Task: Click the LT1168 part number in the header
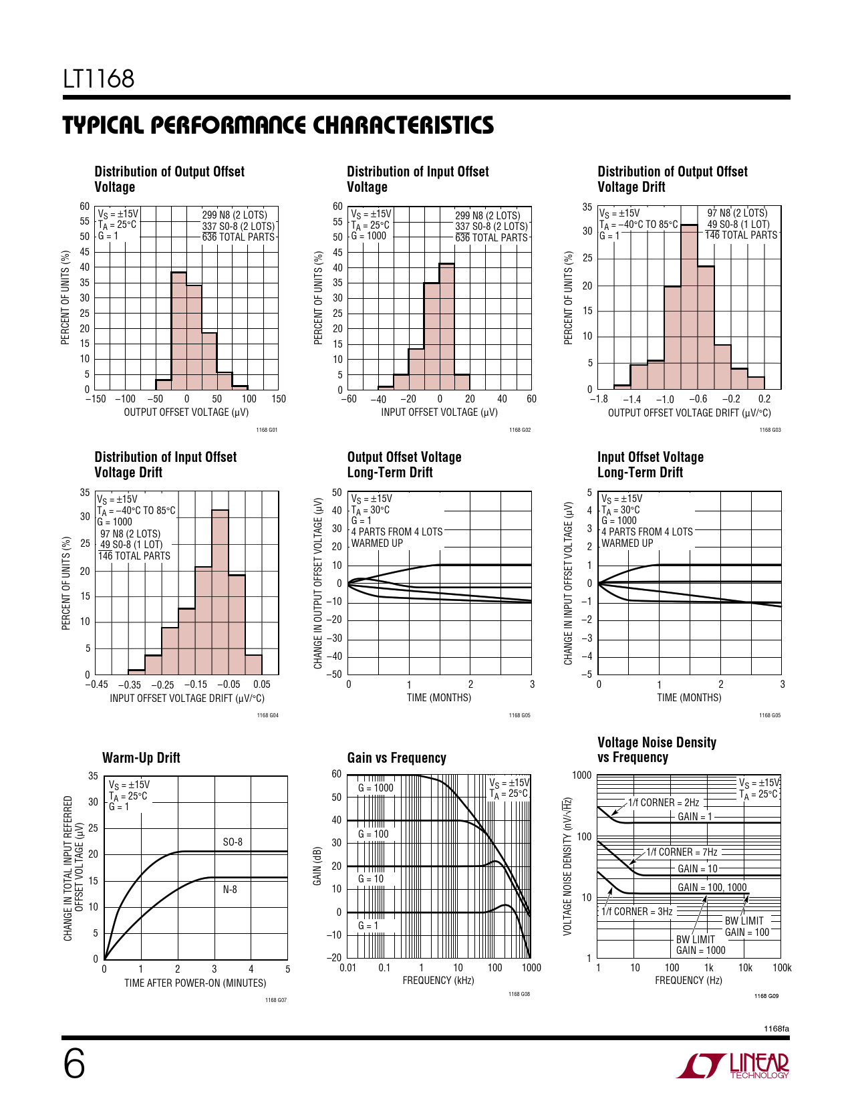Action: point(98,79)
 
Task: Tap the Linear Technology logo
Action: point(732,1066)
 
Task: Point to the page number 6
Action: point(74,1065)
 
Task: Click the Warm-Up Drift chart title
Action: point(141,758)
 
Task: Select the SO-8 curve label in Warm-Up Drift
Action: point(233,842)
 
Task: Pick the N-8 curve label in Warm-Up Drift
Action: point(230,889)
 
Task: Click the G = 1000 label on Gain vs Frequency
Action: point(376,787)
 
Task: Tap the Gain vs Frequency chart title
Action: point(397,758)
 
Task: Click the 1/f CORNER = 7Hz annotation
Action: point(682,852)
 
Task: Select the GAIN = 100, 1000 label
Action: point(712,887)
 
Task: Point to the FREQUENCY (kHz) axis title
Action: point(438,980)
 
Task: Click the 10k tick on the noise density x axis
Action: point(745,967)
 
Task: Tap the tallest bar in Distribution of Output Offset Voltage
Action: point(178,331)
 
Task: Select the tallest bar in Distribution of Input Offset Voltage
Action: point(446,326)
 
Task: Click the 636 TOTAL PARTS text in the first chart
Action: point(238,237)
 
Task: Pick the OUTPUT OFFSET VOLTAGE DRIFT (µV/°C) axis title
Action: point(689,412)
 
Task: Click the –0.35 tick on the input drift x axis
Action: point(130,685)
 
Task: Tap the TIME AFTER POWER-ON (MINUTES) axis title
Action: point(195,983)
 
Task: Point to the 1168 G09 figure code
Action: point(766,996)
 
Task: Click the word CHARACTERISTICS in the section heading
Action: point(404,126)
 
